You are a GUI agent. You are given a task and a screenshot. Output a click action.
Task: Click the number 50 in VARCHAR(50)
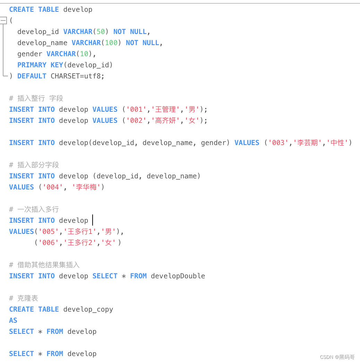[101, 32]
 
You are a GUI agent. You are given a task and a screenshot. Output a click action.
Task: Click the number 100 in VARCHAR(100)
[111, 43]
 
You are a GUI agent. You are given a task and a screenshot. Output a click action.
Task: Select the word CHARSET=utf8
[77, 76]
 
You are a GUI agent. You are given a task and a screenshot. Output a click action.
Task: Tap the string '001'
[136, 109]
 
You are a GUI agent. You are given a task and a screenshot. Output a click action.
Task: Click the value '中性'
[337, 143]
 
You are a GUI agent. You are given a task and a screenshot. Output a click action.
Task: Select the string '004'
[53, 187]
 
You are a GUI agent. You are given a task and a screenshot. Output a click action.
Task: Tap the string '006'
[49, 243]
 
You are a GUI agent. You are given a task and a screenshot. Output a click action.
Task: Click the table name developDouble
[178, 276]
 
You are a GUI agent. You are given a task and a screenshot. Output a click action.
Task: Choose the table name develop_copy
[88, 309]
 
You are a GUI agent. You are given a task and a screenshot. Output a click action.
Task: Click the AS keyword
[13, 320]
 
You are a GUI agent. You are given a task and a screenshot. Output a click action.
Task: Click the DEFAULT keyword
[32, 76]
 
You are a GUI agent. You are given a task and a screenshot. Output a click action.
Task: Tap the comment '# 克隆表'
[24, 298]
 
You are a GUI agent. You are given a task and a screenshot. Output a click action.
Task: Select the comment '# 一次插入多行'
[34, 209]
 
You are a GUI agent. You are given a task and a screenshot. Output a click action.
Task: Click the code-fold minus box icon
[3, 20]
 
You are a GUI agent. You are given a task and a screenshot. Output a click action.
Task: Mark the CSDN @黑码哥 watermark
[337, 357]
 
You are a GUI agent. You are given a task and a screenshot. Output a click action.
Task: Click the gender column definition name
[30, 54]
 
